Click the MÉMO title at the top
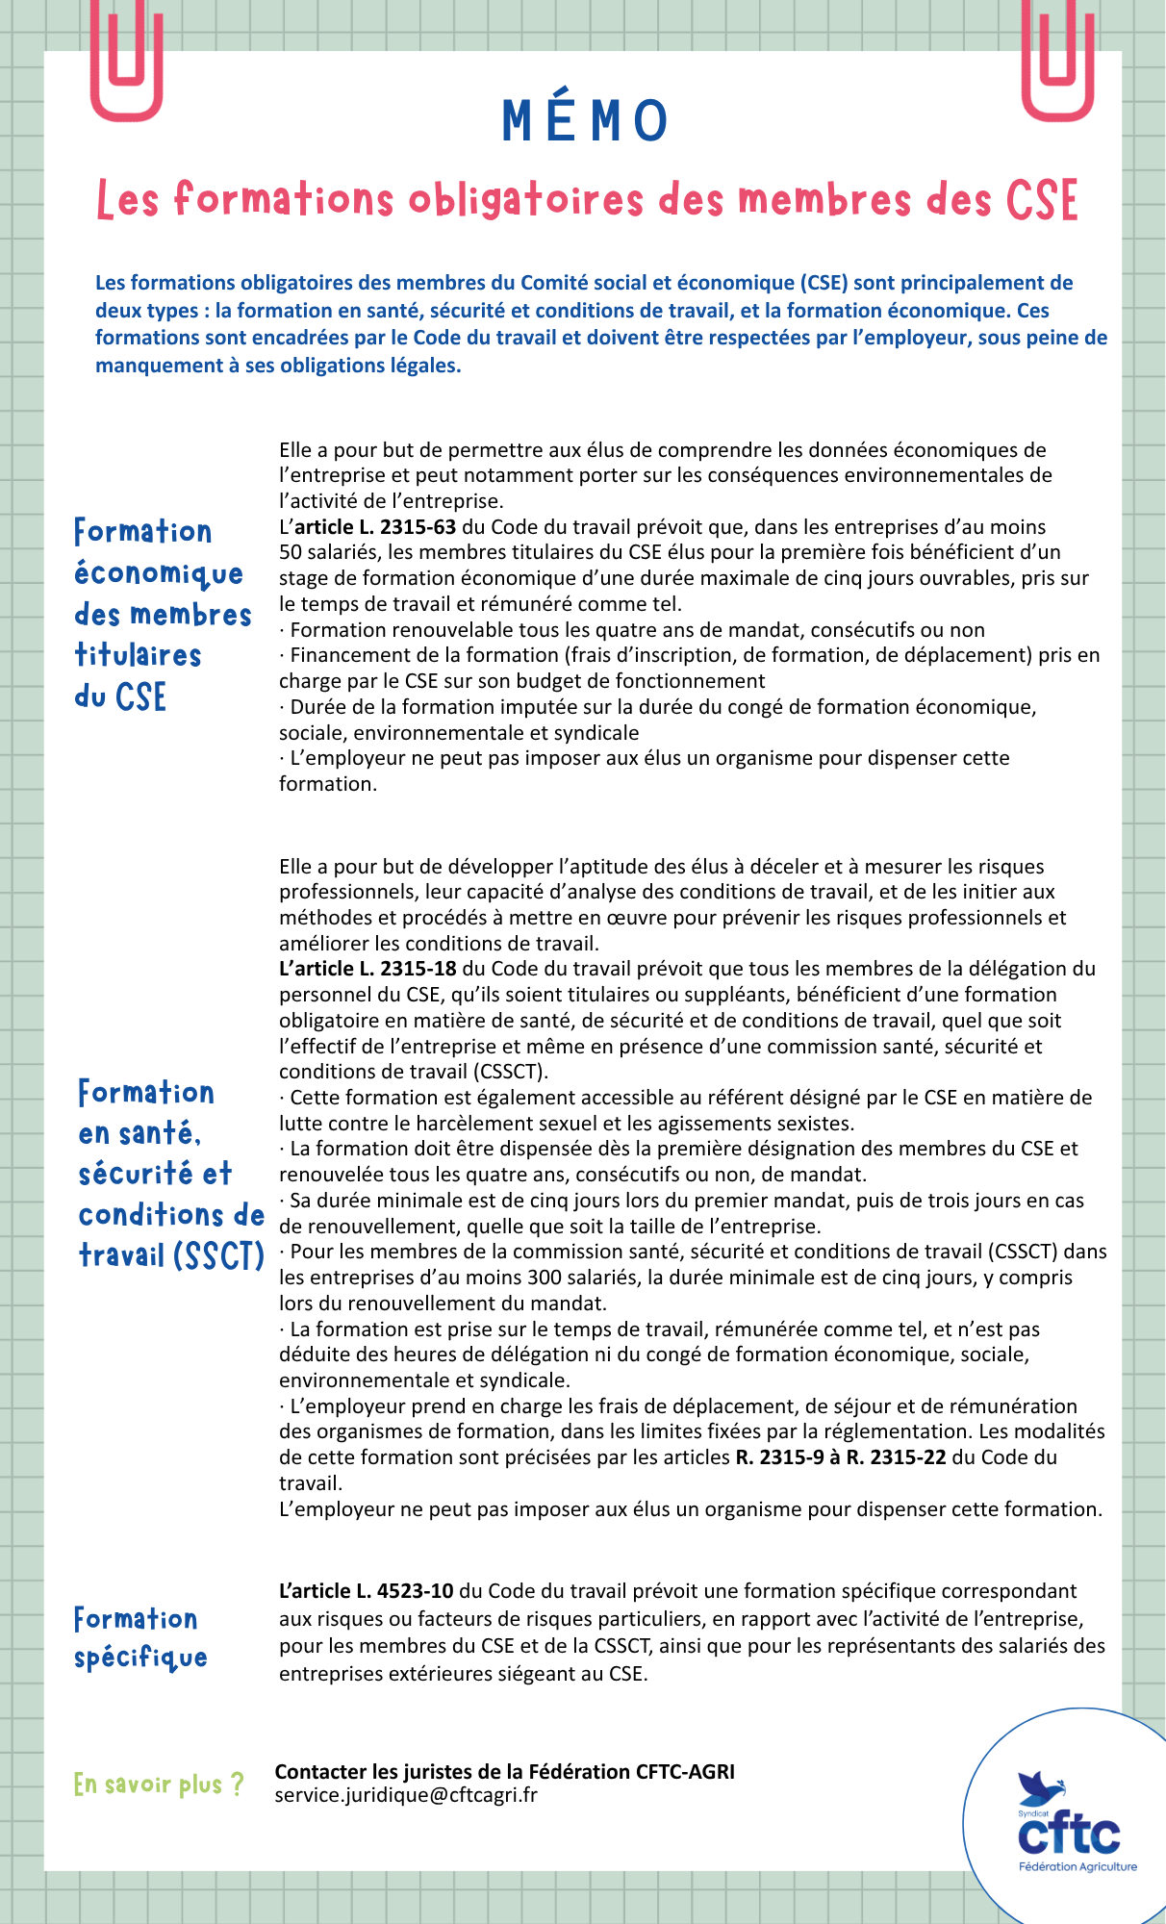click(585, 121)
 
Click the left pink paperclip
click(126, 63)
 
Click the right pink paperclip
click(1057, 63)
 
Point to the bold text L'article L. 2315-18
click(368, 969)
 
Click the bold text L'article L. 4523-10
click(368, 1591)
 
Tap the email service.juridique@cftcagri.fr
click(406, 1795)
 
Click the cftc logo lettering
click(1070, 1835)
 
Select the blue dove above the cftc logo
click(1041, 1787)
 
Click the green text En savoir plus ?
click(159, 1785)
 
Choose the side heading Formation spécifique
click(140, 1638)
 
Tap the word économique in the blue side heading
click(159, 574)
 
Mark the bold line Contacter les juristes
click(504, 1772)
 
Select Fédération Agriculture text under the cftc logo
click(1077, 1866)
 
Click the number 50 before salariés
click(291, 552)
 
